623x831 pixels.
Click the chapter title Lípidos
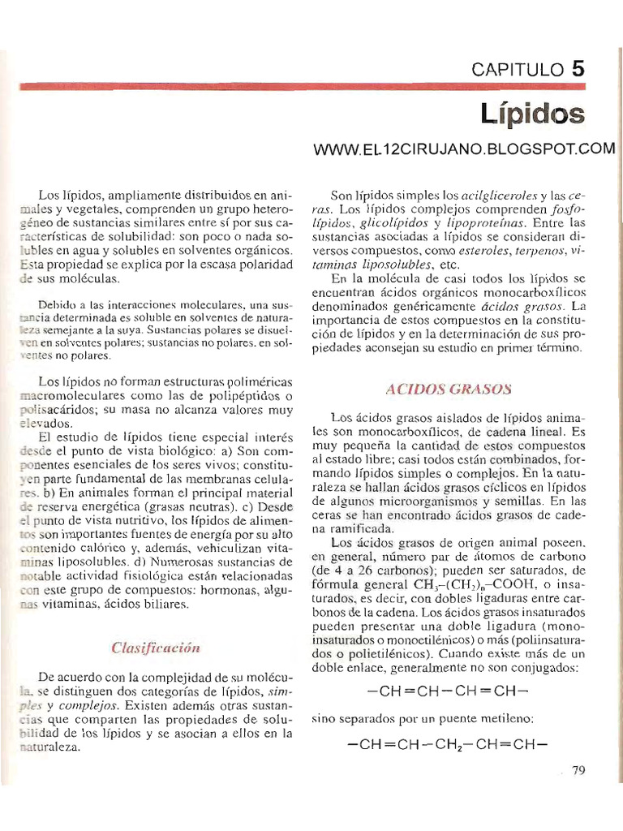[x=531, y=114]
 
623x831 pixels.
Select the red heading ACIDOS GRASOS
[x=449, y=390]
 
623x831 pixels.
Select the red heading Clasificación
[x=155, y=648]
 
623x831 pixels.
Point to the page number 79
[x=578, y=772]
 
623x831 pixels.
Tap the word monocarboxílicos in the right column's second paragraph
[x=529, y=292]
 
